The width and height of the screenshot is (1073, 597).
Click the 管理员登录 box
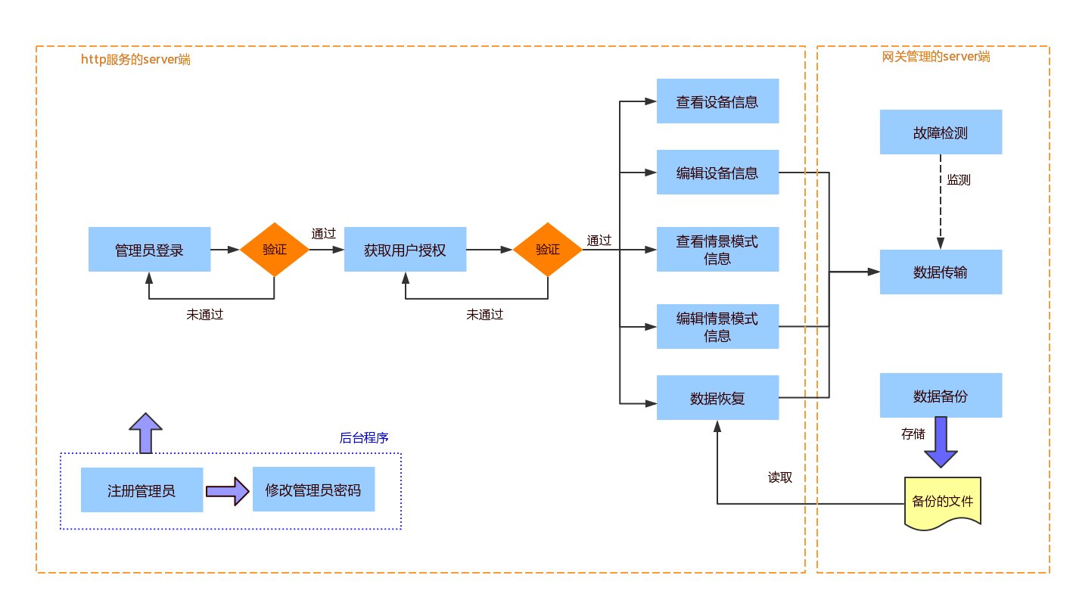pyautogui.click(x=150, y=250)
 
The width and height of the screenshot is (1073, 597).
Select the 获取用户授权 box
pyautogui.click(x=406, y=250)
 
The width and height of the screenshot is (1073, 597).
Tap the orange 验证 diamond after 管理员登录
pyautogui.click(x=275, y=250)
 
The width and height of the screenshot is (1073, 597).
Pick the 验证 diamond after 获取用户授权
pyautogui.click(x=548, y=250)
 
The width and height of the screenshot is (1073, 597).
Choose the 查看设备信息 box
pyautogui.click(x=717, y=101)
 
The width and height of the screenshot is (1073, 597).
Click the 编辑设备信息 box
pyautogui.click(x=717, y=173)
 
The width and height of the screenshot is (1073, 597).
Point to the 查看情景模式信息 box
pyautogui.click(x=717, y=250)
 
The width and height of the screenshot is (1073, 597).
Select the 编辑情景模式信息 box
pyautogui.click(x=717, y=327)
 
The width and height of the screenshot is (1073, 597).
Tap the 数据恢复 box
pyautogui.click(x=717, y=398)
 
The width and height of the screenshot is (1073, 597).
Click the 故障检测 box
pyautogui.click(x=941, y=132)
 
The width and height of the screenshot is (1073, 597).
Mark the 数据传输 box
pyautogui.click(x=941, y=272)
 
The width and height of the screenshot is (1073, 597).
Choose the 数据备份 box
pyautogui.click(x=941, y=396)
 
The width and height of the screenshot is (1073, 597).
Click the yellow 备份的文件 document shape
pyautogui.click(x=942, y=502)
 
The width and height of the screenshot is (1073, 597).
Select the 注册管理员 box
pyautogui.click(x=142, y=490)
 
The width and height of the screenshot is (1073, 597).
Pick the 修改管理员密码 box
pyautogui.click(x=313, y=490)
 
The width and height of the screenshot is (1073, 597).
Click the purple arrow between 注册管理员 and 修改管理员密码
pyautogui.click(x=227, y=491)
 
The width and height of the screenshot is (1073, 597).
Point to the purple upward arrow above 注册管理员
pyautogui.click(x=145, y=433)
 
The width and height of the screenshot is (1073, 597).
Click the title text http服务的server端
pyautogui.click(x=135, y=59)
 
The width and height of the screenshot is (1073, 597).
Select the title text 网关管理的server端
pyautogui.click(x=936, y=56)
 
